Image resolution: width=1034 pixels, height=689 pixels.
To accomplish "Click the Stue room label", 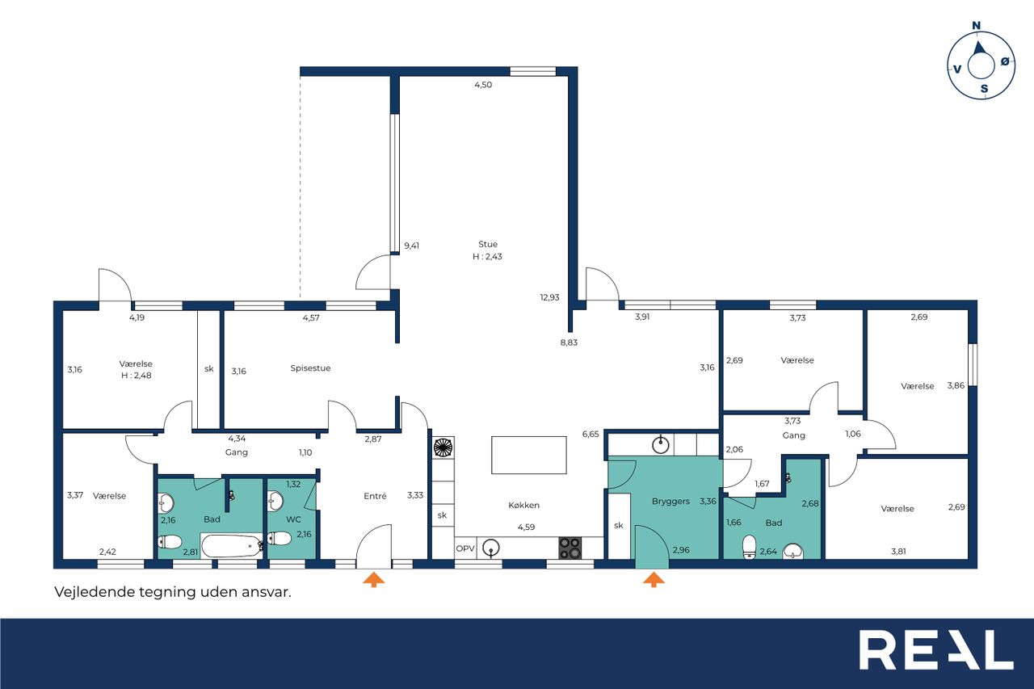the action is pos(487,244).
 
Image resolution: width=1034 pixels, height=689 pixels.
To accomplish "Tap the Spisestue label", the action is pos(310,368).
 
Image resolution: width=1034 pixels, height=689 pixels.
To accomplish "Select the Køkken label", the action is pos(523,505).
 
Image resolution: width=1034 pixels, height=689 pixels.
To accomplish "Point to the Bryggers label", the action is pos(670,501).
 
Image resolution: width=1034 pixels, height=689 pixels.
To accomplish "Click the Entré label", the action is pos(375,496).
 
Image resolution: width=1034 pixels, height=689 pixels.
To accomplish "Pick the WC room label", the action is pos(293,519).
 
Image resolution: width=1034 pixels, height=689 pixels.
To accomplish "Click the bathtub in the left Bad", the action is pos(232,546).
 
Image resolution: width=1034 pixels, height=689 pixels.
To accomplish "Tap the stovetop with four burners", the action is pos(570,548).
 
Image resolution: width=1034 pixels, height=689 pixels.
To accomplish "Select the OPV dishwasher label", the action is pos(464,548).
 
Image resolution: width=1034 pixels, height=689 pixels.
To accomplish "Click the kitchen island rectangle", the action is pos(528,455).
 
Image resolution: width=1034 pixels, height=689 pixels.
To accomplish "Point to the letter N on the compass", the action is pos(976,25).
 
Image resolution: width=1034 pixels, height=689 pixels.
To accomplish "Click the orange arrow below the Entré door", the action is pos(373,580).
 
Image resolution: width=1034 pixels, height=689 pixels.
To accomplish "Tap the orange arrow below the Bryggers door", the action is pos(654,580).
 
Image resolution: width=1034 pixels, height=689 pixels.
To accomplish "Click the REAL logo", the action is pos(935,649).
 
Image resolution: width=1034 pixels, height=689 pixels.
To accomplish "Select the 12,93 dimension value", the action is pos(549,298).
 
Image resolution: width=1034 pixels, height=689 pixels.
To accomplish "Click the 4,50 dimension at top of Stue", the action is pos(483,85).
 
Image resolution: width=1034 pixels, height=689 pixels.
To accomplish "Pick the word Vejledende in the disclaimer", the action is pos(95,591).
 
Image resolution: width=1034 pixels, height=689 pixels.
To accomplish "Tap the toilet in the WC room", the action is pos(280,538).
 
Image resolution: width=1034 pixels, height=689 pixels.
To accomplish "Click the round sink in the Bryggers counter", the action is pos(661,445).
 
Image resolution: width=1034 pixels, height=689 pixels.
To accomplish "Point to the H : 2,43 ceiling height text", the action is pos(487,257).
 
